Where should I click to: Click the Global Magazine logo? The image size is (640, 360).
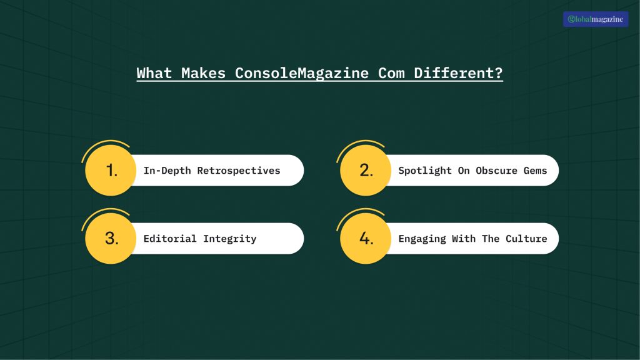coord(595,19)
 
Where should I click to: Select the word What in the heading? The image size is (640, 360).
coord(154,73)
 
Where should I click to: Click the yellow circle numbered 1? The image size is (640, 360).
coord(111,170)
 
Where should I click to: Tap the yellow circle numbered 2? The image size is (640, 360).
coord(366,170)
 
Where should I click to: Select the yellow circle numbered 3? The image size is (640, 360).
coord(111,238)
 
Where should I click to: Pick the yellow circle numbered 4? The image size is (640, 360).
coord(366,238)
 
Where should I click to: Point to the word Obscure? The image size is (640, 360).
coord(496,171)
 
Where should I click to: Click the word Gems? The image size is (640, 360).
coord(535,171)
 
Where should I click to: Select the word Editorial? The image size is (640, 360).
coord(170,239)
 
